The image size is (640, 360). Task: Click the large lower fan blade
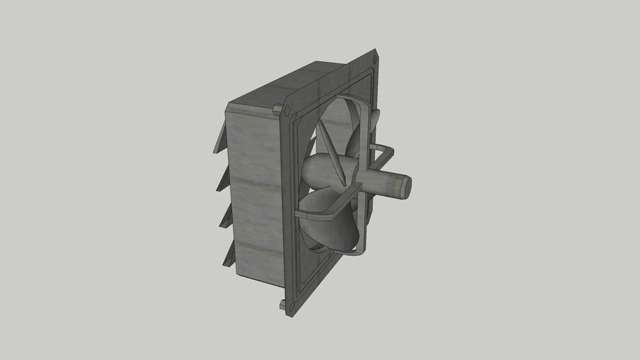[x=331, y=229]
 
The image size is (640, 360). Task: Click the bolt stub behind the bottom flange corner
[x=282, y=305]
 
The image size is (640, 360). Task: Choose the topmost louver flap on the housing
[x=219, y=139]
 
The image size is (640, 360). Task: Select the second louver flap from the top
[x=223, y=179]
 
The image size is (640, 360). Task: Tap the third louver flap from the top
[x=226, y=217]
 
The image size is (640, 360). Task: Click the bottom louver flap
[x=229, y=255]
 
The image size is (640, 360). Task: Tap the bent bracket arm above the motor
[x=383, y=151]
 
